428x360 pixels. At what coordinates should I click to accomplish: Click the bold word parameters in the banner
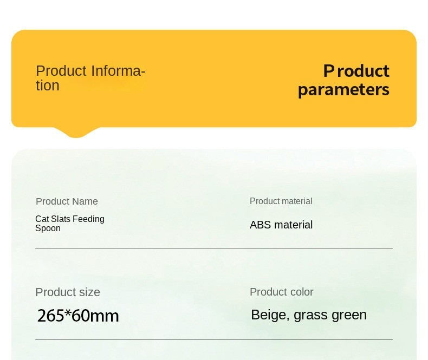[x=343, y=90]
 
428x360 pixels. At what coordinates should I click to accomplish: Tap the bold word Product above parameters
[x=356, y=71]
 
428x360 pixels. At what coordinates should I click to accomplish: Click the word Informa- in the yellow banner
[x=118, y=70]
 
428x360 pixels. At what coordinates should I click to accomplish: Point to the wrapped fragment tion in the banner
[x=48, y=86]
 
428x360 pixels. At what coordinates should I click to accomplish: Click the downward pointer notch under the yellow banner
[x=76, y=133]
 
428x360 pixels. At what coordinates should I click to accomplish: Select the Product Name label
[x=67, y=201]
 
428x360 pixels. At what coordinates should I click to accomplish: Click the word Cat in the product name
[x=42, y=219]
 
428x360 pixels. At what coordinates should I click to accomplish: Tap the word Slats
[x=61, y=219]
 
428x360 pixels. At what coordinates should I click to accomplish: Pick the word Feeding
[x=88, y=219]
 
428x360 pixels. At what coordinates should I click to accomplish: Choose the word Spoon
[x=48, y=228]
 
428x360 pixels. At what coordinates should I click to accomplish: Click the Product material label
[x=281, y=201]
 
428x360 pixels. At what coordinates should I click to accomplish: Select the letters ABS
[x=261, y=225]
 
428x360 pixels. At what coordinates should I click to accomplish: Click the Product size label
[x=68, y=292]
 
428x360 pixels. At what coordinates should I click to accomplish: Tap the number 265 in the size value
[x=50, y=316]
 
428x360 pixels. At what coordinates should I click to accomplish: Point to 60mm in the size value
[x=95, y=316]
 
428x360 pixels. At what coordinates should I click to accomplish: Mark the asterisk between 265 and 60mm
[x=68, y=312]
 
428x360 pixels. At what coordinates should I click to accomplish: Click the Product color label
[x=281, y=292]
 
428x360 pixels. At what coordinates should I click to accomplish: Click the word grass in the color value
[x=310, y=316]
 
